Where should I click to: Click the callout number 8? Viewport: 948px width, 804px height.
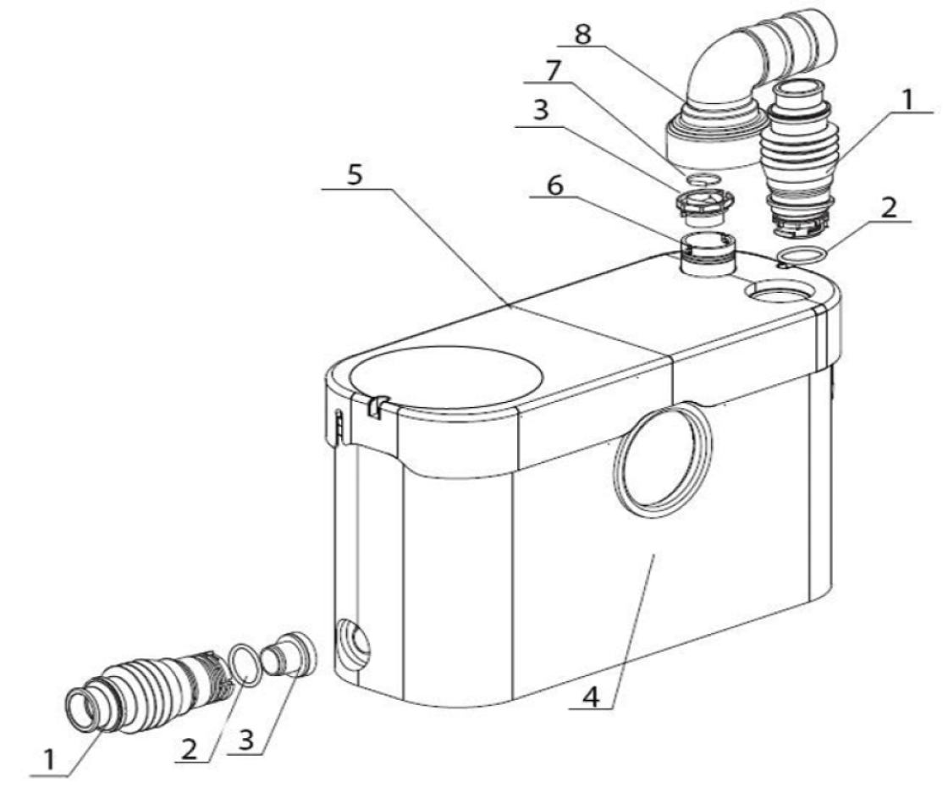click(x=582, y=34)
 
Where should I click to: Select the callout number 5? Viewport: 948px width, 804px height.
click(x=355, y=174)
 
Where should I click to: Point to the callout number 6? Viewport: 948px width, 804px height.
click(x=554, y=185)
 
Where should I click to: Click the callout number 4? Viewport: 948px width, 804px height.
click(x=591, y=697)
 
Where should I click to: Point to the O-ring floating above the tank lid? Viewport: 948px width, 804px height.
click(x=801, y=256)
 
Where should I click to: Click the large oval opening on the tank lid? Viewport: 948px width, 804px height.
click(x=445, y=377)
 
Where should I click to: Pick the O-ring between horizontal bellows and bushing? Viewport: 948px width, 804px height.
click(x=245, y=664)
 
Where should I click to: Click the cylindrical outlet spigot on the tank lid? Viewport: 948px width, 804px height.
click(x=707, y=257)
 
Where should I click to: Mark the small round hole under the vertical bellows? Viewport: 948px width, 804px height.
click(x=776, y=291)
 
